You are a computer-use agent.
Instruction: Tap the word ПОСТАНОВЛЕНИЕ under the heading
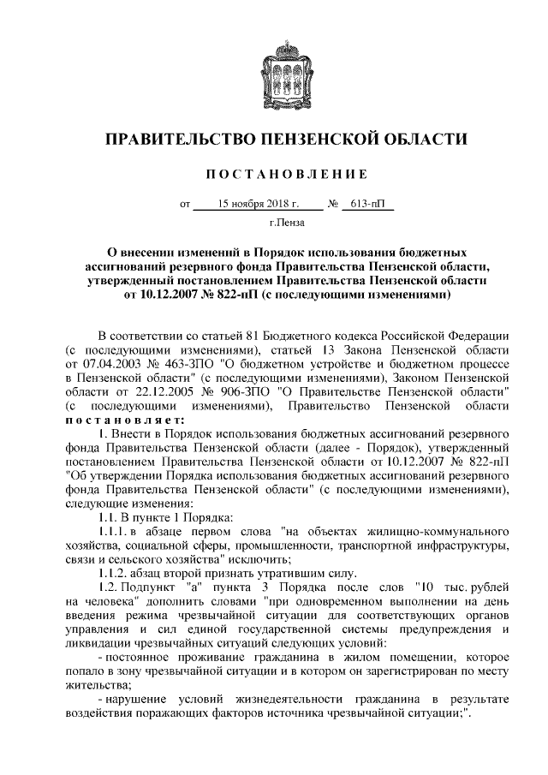[x=273, y=175]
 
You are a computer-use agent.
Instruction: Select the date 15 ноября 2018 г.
[x=258, y=206]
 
